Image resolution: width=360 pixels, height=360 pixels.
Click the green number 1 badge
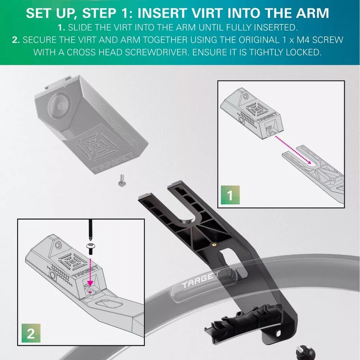pyautogui.click(x=230, y=195)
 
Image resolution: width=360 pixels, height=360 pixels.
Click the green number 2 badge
pyautogui.click(x=31, y=333)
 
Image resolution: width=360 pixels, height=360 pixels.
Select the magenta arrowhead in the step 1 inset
pyautogui.click(x=309, y=162)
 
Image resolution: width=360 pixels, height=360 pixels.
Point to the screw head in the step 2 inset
pyautogui.click(x=91, y=245)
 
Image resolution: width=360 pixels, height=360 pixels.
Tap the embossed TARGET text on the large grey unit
pyautogui.click(x=112, y=163)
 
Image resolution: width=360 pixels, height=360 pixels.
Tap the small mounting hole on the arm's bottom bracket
pyautogui.click(x=279, y=332)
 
